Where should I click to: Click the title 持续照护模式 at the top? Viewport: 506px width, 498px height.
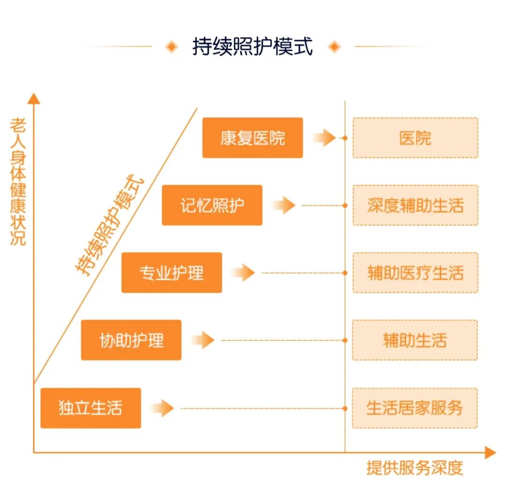pyautogui.click(x=253, y=47)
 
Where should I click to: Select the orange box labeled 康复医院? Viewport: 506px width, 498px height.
pyautogui.click(x=253, y=138)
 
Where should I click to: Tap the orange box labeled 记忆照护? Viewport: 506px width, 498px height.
pyautogui.click(x=212, y=205)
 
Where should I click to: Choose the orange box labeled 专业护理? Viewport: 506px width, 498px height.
pyautogui.click(x=171, y=273)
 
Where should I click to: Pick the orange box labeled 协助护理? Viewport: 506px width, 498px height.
pyautogui.click(x=131, y=340)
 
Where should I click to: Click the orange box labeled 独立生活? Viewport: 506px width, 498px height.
pyautogui.click(x=90, y=408)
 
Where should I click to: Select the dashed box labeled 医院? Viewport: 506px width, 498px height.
pyautogui.click(x=415, y=138)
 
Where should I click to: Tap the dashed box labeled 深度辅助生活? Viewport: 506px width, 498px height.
pyautogui.click(x=415, y=205)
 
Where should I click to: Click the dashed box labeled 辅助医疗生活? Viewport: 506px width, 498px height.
pyautogui.click(x=415, y=273)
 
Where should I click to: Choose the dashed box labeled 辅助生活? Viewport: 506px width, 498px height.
pyautogui.click(x=415, y=340)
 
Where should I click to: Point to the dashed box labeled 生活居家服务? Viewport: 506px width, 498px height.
pyautogui.click(x=415, y=408)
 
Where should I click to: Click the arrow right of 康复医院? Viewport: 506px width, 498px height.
pyautogui.click(x=324, y=138)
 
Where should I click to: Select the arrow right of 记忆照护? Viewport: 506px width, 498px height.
pyautogui.click(x=284, y=205)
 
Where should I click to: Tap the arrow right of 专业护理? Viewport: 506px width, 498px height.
pyautogui.click(x=244, y=273)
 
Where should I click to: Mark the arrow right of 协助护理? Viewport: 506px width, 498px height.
pyautogui.click(x=203, y=340)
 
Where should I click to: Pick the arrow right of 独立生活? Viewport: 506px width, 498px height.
pyautogui.click(x=163, y=408)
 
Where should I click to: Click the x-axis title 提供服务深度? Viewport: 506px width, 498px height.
pyautogui.click(x=415, y=468)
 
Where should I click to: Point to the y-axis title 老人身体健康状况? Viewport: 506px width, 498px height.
pyautogui.click(x=18, y=181)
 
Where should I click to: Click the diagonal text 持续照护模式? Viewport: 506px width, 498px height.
pyautogui.click(x=111, y=226)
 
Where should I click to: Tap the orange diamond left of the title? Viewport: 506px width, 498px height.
pyautogui.click(x=172, y=47)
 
